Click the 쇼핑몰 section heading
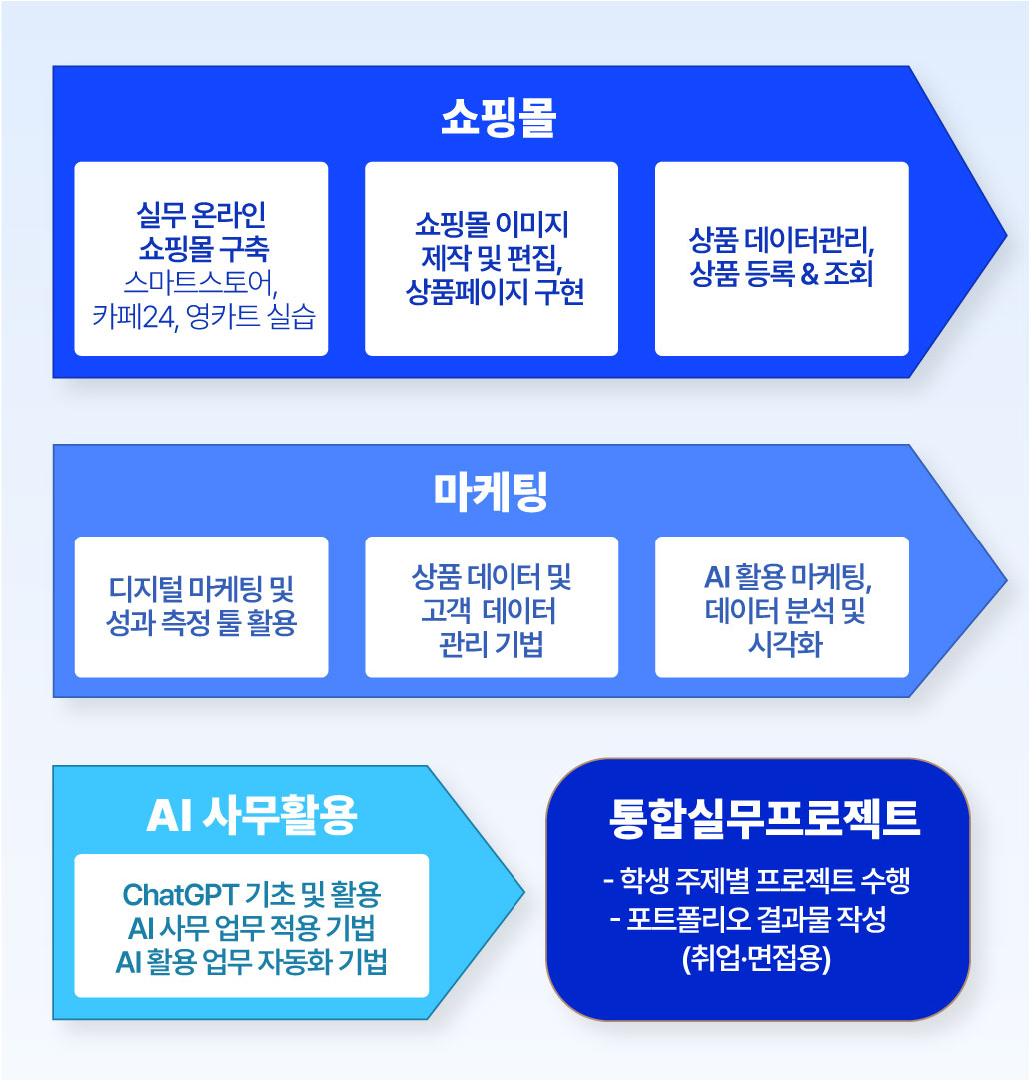(x=498, y=117)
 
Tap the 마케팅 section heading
(x=491, y=492)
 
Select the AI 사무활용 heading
(x=252, y=815)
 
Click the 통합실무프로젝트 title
(x=764, y=819)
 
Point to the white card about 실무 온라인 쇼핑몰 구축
(x=201, y=259)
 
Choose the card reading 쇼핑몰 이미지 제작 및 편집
(x=492, y=259)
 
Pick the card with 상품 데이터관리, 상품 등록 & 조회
(x=781, y=259)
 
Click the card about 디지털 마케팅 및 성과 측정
(x=201, y=606)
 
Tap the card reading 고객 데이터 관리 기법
(x=492, y=606)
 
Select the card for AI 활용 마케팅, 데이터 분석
(x=781, y=606)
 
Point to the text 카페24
(x=134, y=317)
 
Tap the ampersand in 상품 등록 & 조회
(x=810, y=274)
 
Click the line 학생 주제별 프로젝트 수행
(x=757, y=880)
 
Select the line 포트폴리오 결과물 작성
(x=748, y=919)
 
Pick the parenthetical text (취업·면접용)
(x=757, y=958)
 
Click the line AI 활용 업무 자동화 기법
(x=252, y=962)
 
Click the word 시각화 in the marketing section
(x=786, y=645)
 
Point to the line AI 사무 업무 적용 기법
(x=252, y=928)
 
